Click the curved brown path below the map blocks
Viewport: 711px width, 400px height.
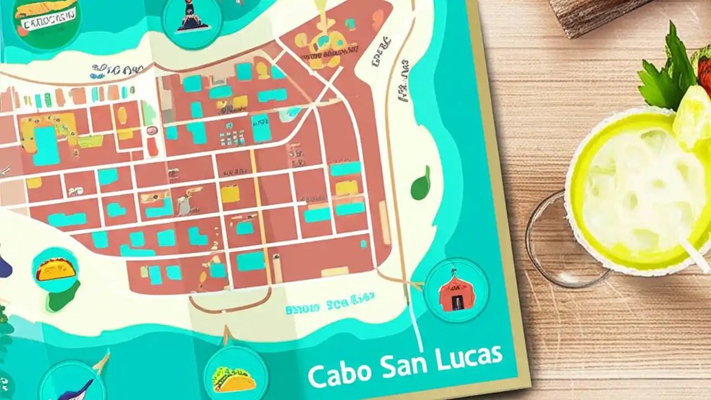tap(222, 308)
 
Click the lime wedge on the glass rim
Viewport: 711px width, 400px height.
tap(692, 117)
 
